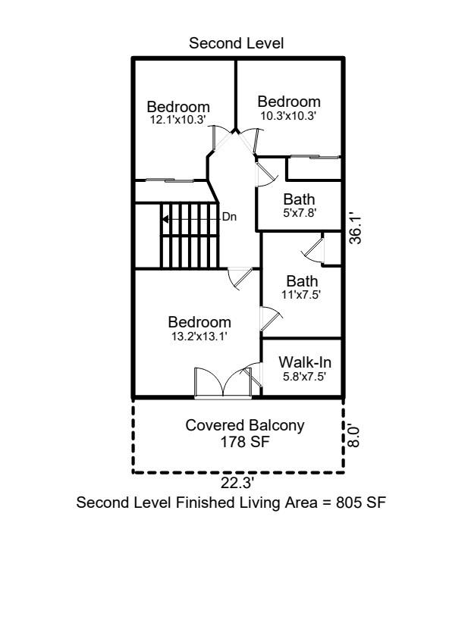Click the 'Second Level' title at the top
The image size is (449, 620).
pos(236,43)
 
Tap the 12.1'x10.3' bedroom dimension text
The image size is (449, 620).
pos(178,120)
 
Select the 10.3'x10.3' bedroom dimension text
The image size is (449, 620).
pos(288,116)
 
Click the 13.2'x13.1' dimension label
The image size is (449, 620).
pos(199,336)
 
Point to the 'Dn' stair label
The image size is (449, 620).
pos(230,217)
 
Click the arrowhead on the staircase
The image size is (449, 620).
pos(165,218)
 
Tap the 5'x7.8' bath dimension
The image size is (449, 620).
pos(299,213)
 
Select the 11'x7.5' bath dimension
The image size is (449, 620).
pos(301,295)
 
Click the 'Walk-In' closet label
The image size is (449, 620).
pos(305,362)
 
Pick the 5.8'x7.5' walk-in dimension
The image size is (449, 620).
pos(304,377)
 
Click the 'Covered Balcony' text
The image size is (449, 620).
pos(245,425)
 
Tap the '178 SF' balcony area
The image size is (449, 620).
pos(245,442)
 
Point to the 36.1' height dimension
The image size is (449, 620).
pos(356,229)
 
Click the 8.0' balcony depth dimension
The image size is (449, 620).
pos(354,436)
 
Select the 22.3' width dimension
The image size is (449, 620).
pos(237,483)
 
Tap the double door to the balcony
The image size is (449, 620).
pos(223,383)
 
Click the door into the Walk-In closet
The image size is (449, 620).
pos(253,375)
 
